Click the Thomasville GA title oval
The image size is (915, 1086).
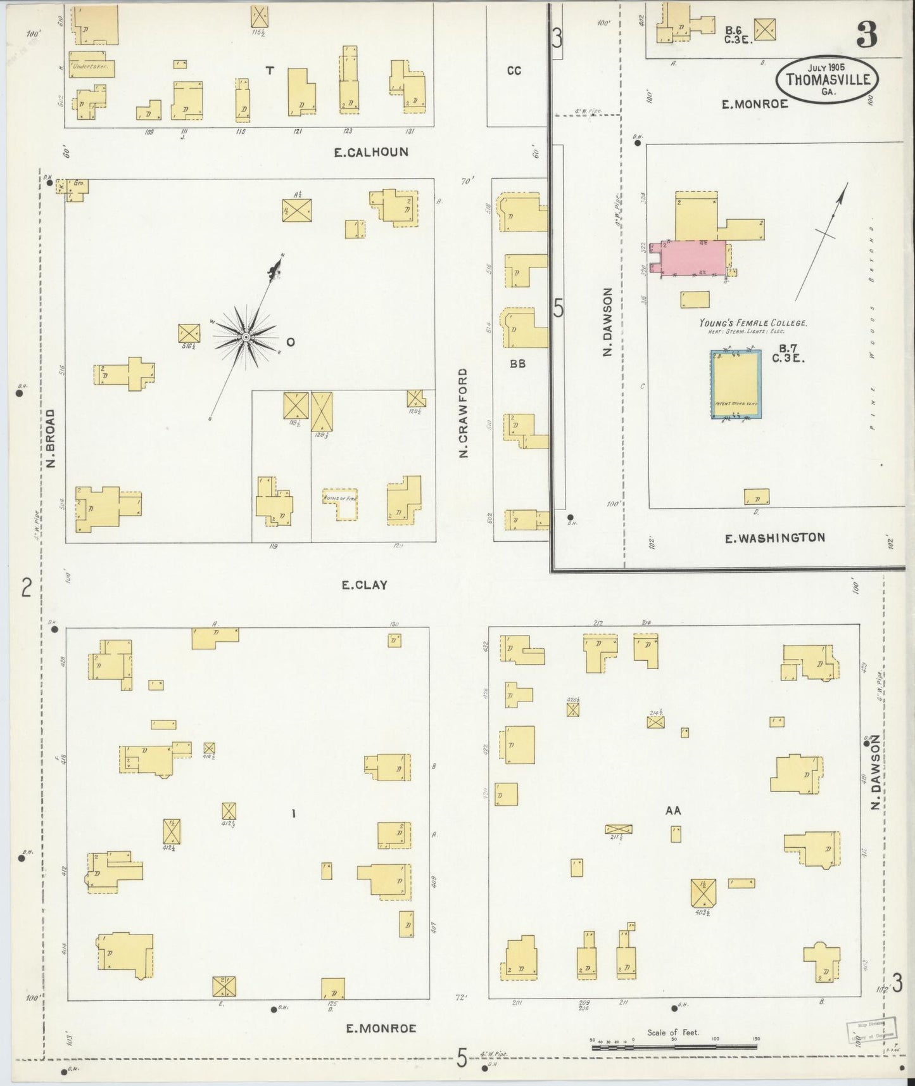click(x=827, y=79)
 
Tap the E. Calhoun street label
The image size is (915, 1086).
click(x=371, y=152)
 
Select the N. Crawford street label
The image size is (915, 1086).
click(x=464, y=413)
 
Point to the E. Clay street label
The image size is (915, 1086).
click(x=364, y=585)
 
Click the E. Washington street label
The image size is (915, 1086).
click(x=774, y=538)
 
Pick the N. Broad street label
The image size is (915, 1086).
click(x=51, y=438)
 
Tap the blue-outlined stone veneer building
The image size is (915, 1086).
click(x=735, y=385)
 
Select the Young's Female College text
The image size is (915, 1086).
click(x=753, y=323)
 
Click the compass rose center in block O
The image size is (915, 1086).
click(x=246, y=337)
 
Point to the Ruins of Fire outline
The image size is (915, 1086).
click(x=340, y=505)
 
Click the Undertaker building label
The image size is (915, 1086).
click(x=91, y=66)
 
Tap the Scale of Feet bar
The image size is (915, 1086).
click(x=675, y=1047)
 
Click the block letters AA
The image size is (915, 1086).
click(x=672, y=810)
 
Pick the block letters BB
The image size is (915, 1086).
click(x=517, y=364)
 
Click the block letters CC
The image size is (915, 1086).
click(x=514, y=71)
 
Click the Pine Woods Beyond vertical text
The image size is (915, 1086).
click(x=872, y=329)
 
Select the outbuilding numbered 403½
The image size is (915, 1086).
click(x=703, y=891)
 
